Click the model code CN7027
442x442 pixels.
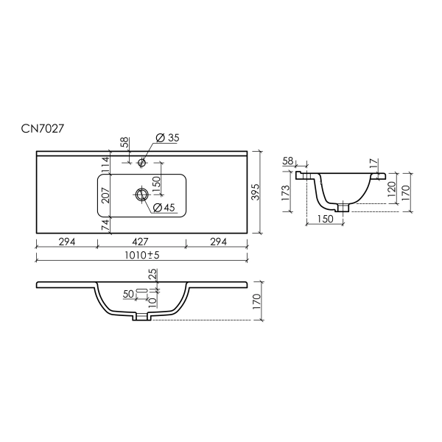(x=43, y=129)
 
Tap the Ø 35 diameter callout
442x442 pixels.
(x=167, y=138)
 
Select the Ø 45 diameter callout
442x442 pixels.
(x=164, y=208)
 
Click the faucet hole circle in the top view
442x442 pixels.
(x=141, y=162)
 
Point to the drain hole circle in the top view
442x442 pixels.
(x=141, y=194)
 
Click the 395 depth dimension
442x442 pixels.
(x=255, y=192)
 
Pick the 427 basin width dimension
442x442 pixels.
(x=140, y=242)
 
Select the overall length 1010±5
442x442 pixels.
(x=142, y=255)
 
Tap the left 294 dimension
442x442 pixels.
(x=67, y=242)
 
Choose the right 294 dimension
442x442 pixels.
(x=218, y=242)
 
